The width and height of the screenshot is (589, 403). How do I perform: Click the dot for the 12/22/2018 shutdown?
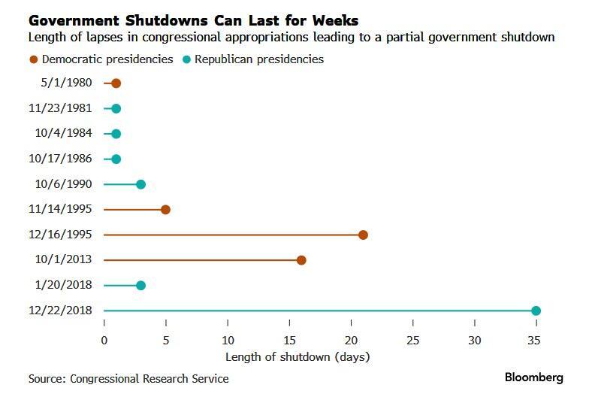pyautogui.click(x=536, y=311)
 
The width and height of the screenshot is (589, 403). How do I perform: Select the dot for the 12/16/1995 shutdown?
pyautogui.click(x=363, y=235)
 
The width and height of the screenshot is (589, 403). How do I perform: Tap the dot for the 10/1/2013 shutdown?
pyautogui.click(x=301, y=260)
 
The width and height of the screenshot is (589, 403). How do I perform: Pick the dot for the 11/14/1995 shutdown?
pyautogui.click(x=165, y=210)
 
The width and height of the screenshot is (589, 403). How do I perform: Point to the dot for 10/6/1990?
pyautogui.click(x=140, y=184)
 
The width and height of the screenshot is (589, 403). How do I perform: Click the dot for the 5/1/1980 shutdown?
pyautogui.click(x=116, y=83)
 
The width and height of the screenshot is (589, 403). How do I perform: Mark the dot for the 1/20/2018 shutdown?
pyautogui.click(x=140, y=285)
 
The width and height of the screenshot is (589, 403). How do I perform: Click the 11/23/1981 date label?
pyautogui.click(x=60, y=108)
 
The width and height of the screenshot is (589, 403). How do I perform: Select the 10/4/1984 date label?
pyautogui.click(x=64, y=134)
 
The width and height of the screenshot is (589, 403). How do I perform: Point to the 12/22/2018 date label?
pyautogui.click(x=60, y=311)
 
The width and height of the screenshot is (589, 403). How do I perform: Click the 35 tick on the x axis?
pyautogui.click(x=534, y=340)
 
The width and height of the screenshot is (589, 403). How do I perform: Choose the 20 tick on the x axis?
pyautogui.click(x=351, y=340)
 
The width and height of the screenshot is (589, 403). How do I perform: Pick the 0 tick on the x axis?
pyautogui.click(x=104, y=340)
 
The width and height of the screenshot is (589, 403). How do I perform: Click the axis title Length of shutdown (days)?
pyautogui.click(x=298, y=356)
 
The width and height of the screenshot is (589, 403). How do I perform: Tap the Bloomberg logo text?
pyautogui.click(x=533, y=377)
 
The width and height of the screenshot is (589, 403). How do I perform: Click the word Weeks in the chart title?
pyautogui.click(x=331, y=20)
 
